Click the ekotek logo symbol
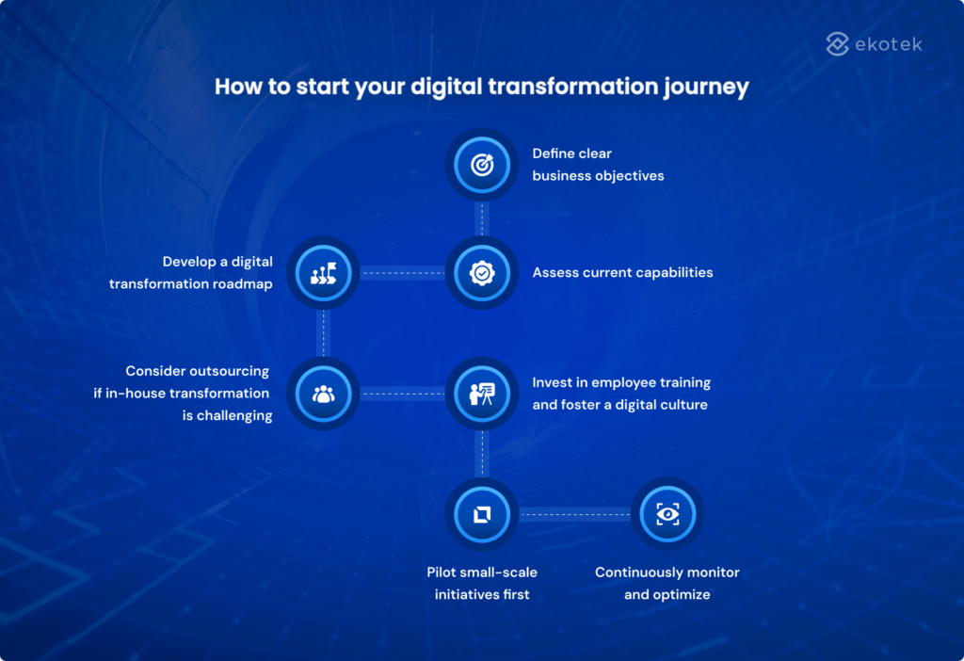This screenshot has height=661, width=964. pos(838,43)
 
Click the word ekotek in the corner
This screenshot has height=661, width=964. pos(888,44)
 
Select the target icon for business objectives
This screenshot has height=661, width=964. pos(481,165)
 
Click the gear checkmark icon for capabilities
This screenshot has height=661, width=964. pos(481,273)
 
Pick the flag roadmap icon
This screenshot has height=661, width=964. pos(323,273)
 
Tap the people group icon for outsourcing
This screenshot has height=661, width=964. pos(323,394)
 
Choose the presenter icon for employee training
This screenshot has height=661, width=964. pos(481,394)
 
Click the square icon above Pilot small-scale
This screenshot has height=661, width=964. pos(481,514)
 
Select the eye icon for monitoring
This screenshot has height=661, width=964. pos(667,514)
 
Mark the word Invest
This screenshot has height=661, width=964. pos(554,382)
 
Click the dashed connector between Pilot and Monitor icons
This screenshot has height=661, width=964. pos(574,514)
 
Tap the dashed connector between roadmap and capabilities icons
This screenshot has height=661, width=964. pos(402,273)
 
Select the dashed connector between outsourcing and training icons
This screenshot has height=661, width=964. pos(402,394)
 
